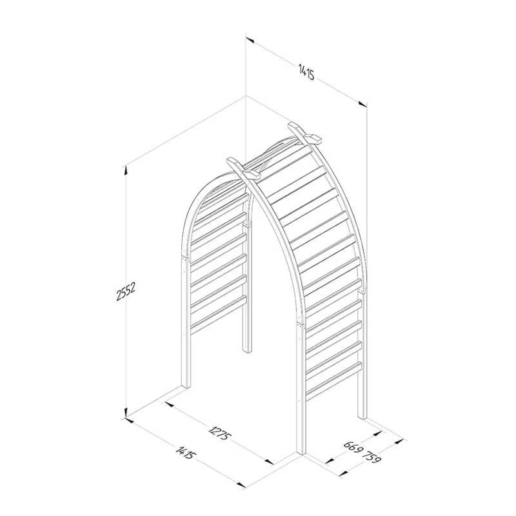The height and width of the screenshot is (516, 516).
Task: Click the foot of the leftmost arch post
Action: pyautogui.click(x=186, y=386)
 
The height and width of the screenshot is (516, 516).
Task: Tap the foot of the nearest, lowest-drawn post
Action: pyautogui.click(x=301, y=451)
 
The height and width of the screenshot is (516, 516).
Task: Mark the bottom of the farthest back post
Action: pyautogui.click(x=247, y=350)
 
